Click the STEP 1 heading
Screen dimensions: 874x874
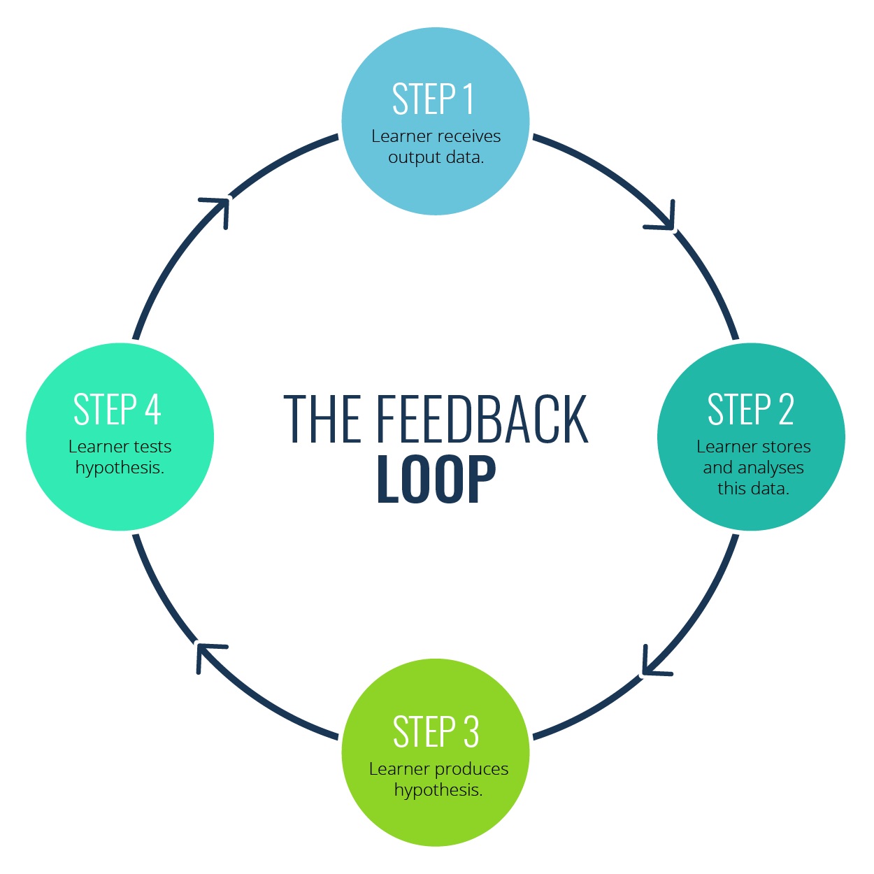tap(434, 99)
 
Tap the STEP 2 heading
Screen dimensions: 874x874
tap(750, 410)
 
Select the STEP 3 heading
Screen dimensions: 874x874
tap(436, 732)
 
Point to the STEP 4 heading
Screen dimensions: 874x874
tap(117, 410)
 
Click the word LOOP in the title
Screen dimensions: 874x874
tap(436, 480)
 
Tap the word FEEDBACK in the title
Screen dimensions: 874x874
tap(482, 420)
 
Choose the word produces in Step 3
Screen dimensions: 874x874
tap(473, 769)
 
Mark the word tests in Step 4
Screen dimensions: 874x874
tap(152, 447)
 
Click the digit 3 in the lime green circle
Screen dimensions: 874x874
tap(471, 732)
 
